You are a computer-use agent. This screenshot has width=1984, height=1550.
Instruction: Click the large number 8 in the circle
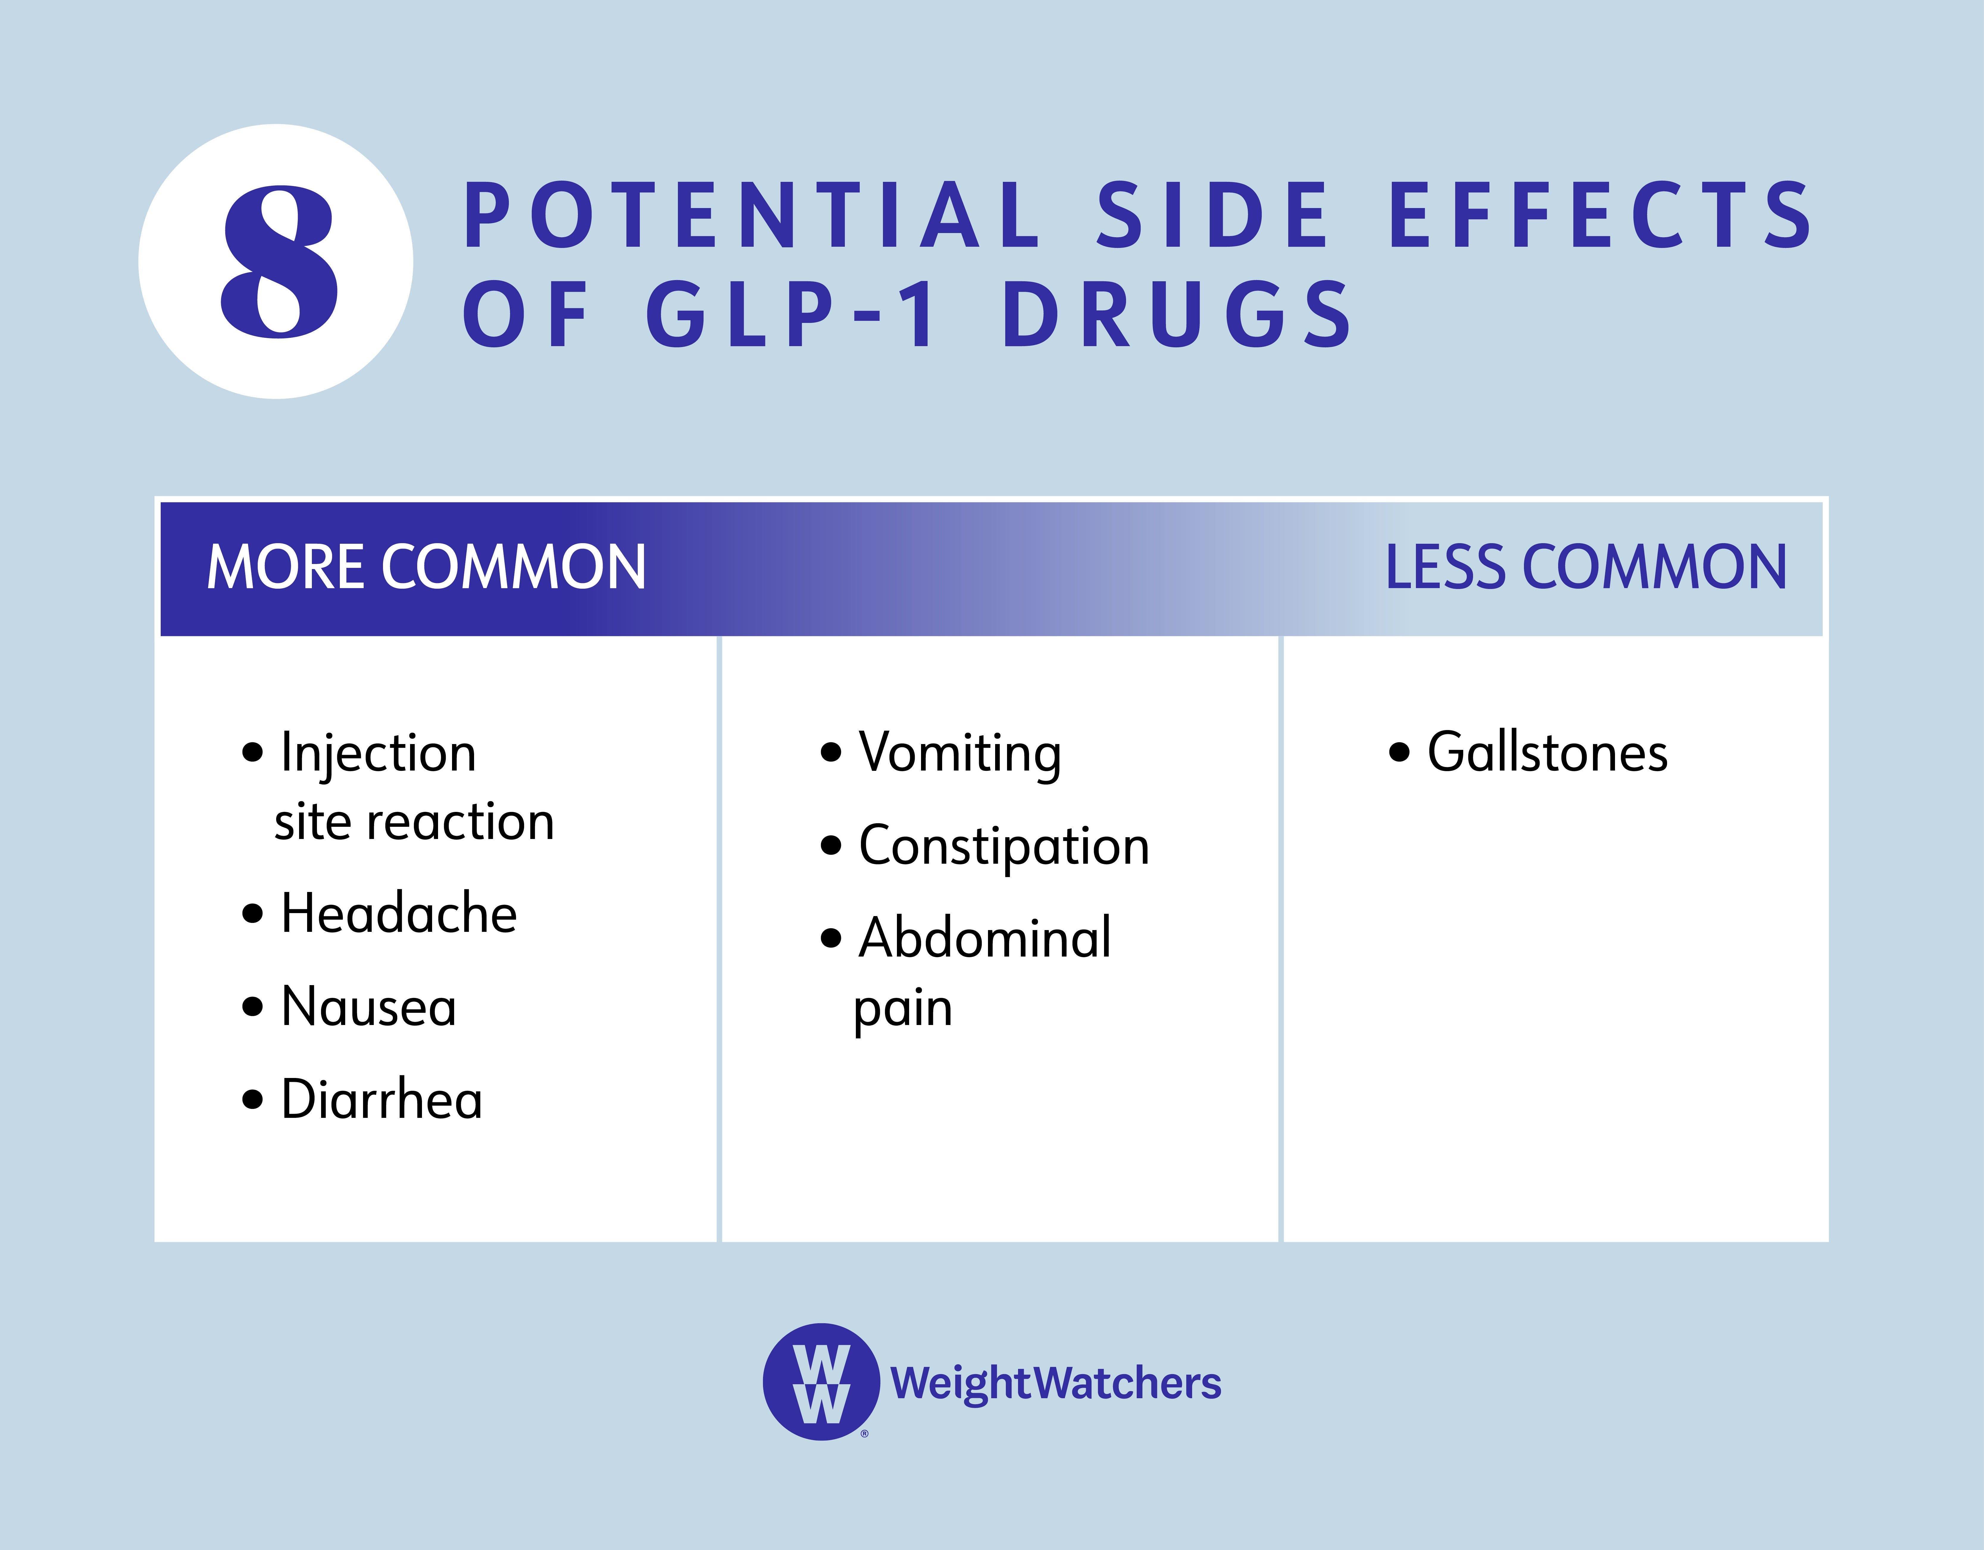point(279,262)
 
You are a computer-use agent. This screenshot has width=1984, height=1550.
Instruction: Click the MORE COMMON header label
point(426,568)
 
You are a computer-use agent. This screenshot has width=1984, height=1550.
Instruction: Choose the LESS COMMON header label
point(1585,568)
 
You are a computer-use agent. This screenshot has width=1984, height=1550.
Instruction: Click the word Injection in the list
point(378,753)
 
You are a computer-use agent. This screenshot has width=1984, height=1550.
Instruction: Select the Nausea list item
point(369,1007)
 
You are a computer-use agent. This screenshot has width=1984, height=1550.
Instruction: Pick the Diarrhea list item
point(382,1099)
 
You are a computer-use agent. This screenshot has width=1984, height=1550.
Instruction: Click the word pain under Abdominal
point(903,1009)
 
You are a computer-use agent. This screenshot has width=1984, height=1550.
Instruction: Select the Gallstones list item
point(1547,753)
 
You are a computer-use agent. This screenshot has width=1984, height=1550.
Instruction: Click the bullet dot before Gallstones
point(1399,753)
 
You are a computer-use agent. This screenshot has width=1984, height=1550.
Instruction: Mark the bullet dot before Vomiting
point(830,753)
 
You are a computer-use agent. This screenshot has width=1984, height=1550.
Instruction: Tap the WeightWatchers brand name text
point(1056,1383)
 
